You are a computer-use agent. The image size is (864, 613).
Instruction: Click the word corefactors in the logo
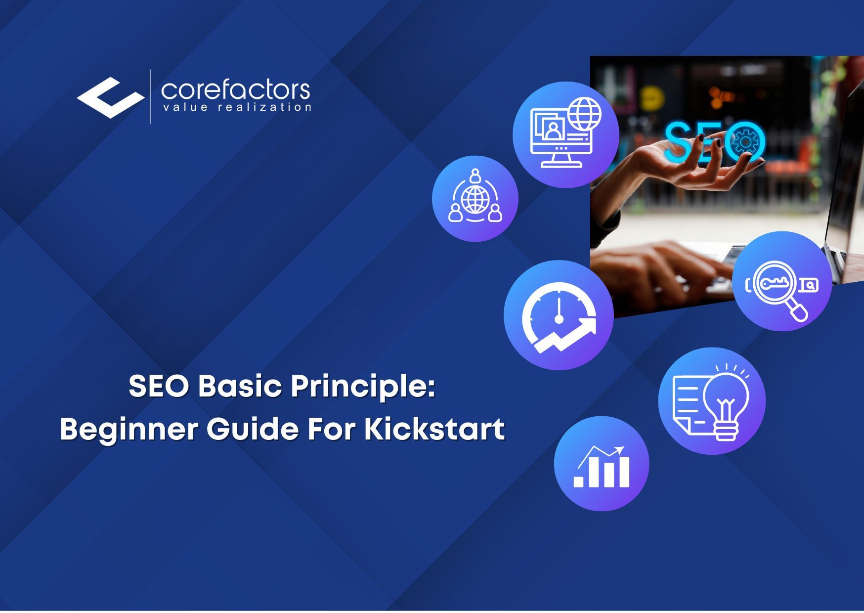(235, 90)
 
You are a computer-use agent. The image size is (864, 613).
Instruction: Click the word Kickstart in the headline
(434, 429)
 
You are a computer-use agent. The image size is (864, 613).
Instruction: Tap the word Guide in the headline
(252, 429)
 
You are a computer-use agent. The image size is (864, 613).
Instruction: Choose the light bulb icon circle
(712, 401)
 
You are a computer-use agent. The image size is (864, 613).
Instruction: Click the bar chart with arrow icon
(601, 464)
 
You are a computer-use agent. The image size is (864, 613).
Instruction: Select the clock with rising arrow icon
(559, 315)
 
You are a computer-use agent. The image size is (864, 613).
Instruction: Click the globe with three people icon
(475, 199)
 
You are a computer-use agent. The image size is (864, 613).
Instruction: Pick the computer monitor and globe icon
(565, 134)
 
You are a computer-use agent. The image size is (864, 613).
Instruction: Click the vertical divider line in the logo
(150, 96)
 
